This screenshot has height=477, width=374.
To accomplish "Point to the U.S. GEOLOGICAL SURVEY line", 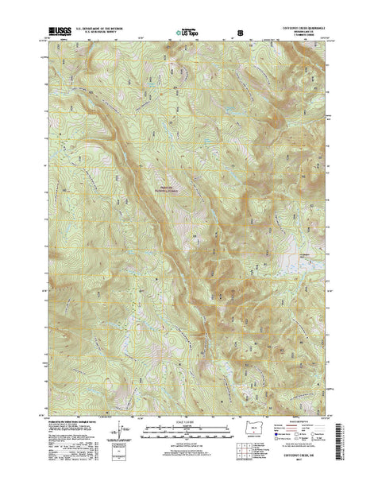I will point(98,33).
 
